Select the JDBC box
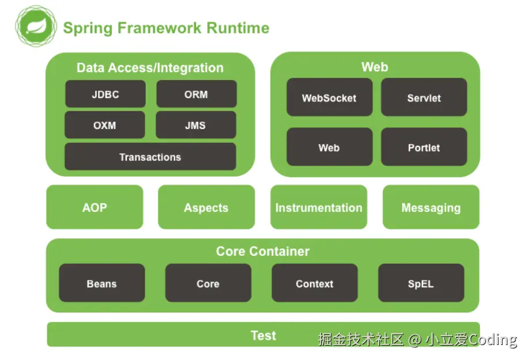coord(105,94)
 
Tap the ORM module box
coord(196,94)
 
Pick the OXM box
coord(104,125)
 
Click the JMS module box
coord(195,125)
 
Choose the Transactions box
coord(150,157)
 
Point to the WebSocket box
coord(329,97)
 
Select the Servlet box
coord(424,97)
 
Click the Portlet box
coord(424,147)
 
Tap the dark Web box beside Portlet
coord(329,147)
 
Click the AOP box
coord(95,207)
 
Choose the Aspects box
coord(206,207)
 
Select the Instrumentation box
coord(318,207)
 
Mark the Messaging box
coord(431,207)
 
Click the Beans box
coord(101,283)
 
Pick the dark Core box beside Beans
coord(208,283)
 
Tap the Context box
coord(314,283)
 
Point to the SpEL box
coord(421,283)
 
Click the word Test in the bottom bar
coord(263,335)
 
